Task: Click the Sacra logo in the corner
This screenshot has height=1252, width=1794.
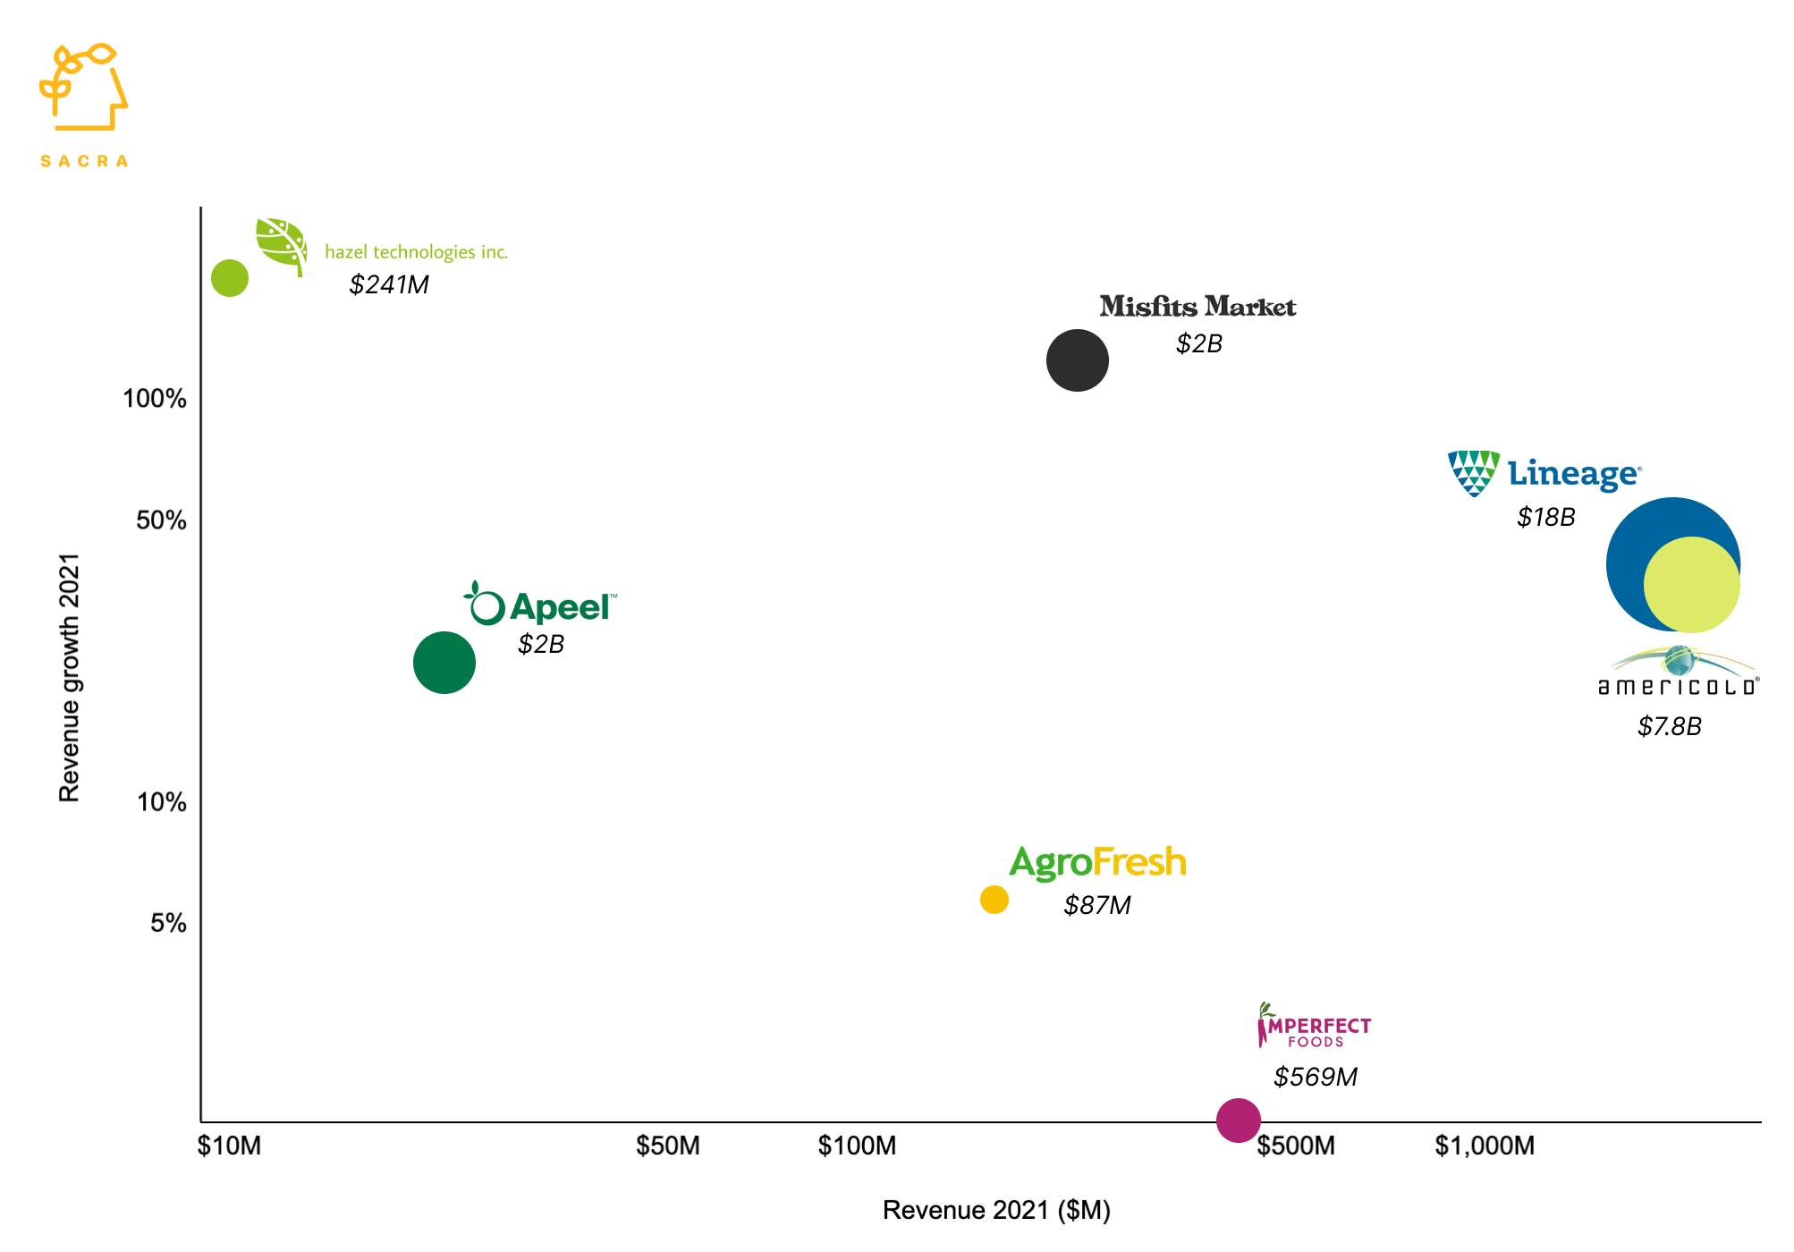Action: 83,103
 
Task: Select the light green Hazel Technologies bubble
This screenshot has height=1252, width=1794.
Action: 230,278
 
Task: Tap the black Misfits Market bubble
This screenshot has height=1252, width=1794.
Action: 1078,360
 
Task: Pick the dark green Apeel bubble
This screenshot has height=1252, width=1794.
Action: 444,663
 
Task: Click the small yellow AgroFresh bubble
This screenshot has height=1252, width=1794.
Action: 994,900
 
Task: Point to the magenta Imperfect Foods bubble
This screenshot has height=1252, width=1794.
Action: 1239,1120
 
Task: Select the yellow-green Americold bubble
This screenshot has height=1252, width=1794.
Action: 1692,586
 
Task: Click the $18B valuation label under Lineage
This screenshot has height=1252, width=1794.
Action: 1545,517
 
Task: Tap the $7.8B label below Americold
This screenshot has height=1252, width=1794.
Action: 1669,726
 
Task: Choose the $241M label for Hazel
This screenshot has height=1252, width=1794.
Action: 389,284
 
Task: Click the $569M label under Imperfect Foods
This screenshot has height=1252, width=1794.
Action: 1315,1077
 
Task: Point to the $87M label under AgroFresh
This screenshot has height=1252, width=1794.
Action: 1096,905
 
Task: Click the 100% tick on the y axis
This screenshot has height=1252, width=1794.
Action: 155,399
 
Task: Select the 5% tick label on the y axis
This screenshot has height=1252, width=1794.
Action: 168,923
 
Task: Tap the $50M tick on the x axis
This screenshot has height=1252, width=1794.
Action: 667,1146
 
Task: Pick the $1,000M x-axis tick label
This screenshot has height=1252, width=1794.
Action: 1485,1146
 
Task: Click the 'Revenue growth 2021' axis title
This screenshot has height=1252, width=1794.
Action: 69,677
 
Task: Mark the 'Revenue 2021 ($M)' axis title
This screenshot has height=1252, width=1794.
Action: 996,1210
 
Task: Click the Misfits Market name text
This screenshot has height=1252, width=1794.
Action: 1197,307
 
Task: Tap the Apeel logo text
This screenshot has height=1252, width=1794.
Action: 560,608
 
